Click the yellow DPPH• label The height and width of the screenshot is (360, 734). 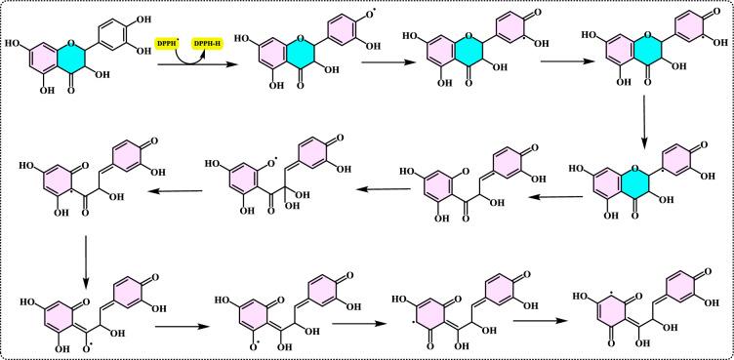[171, 46]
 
